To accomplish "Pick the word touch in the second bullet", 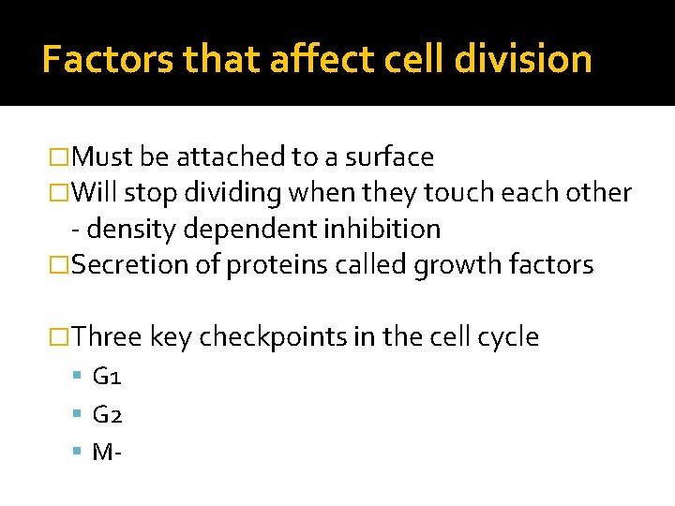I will (457, 193).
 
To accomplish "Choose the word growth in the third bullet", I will (457, 265).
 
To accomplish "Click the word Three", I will (106, 337).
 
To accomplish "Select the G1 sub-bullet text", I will (107, 377).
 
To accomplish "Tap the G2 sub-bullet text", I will (108, 414).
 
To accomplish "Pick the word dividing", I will (235, 193).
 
